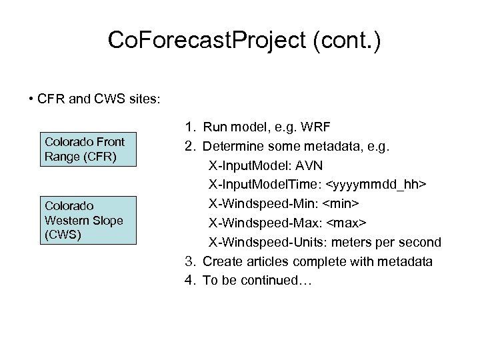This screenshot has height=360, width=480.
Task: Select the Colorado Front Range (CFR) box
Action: pos(85,149)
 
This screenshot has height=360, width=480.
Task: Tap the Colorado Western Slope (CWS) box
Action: pos(85,220)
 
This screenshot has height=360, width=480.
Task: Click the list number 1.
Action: pos(189,127)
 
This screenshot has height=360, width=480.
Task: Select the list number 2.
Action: pos(189,146)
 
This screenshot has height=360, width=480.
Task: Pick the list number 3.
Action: pos(189,261)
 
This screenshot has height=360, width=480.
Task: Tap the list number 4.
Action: pos(189,280)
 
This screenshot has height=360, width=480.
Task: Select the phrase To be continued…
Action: pos(257,281)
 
